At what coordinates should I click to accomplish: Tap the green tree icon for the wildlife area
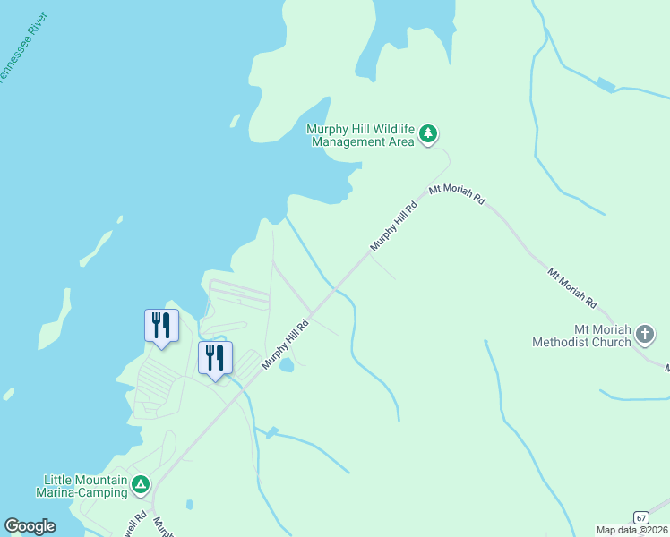coord(429,134)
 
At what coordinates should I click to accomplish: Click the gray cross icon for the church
coord(644,336)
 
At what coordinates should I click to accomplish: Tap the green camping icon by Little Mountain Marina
coord(140,485)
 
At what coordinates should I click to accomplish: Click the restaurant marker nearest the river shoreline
coord(161,326)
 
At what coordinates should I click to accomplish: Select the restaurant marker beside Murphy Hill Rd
coord(215,358)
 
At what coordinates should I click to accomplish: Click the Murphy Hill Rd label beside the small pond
coord(285,345)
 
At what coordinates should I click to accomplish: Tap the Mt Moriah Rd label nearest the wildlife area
coord(457,194)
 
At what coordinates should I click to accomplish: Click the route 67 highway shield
coord(640,518)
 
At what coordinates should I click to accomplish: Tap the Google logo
coord(30,526)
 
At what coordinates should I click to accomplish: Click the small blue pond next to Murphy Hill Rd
coord(287,365)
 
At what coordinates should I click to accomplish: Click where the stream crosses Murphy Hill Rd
coord(334,289)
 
